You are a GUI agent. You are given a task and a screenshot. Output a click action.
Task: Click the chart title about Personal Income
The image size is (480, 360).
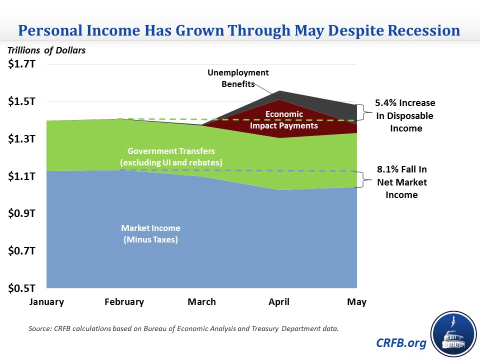pos(239,30)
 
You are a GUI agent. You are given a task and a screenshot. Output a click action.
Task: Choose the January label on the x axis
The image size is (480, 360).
pos(46,302)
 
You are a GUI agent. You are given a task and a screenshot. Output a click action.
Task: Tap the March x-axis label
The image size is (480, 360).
pos(201,302)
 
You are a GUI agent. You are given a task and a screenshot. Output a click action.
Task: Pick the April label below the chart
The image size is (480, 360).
pos(279,302)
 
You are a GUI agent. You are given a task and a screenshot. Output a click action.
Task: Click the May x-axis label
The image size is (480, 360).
pos(356,302)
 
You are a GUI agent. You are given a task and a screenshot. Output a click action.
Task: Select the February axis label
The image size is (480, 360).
pos(124,302)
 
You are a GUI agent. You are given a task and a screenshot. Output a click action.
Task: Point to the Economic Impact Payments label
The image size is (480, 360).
pos(284,120)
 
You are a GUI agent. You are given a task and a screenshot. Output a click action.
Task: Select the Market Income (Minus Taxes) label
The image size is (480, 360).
pos(150,233)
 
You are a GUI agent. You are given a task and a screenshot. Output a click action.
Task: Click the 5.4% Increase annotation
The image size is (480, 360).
pos(405,115)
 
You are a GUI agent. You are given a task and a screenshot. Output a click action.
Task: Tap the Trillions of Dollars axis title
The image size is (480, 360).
pos(46,50)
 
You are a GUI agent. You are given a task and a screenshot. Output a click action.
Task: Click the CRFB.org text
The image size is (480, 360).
pos(402,343)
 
